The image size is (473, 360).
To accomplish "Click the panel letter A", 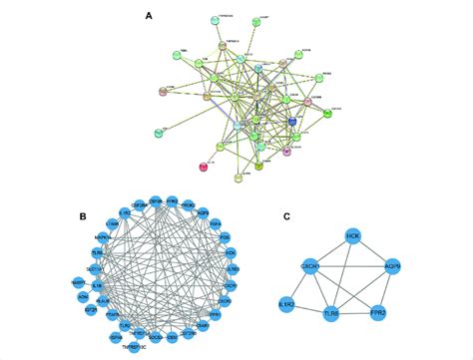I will [148, 16].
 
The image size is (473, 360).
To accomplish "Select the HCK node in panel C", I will [352, 235].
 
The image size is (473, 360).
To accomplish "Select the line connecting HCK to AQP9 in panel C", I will [373, 252].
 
